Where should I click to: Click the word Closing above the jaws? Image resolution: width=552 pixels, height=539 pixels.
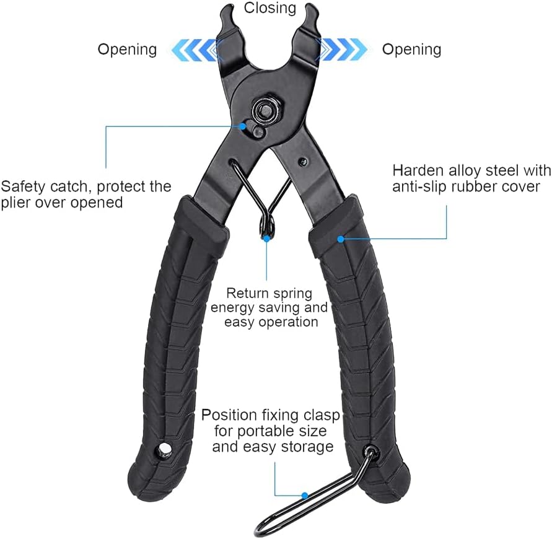point(270,8)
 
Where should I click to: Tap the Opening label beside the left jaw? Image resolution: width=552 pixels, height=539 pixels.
point(128,50)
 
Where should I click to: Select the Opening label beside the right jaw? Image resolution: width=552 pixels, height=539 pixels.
point(411,50)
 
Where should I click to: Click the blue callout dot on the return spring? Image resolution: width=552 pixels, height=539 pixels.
point(267,237)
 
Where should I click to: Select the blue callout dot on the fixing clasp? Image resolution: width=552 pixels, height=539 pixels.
point(304,495)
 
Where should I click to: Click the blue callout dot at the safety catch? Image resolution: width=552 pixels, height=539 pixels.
point(242,126)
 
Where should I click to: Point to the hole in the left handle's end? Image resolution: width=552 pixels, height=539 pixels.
point(164,450)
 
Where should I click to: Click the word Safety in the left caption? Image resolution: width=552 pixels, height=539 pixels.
point(24,185)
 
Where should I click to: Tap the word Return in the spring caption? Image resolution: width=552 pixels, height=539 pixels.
point(247,292)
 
